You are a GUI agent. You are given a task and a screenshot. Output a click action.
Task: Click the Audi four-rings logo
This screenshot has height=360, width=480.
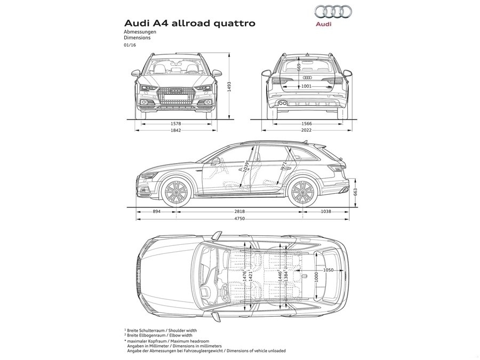point(332,12)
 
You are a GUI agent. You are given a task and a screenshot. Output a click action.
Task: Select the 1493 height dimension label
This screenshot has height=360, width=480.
point(229,84)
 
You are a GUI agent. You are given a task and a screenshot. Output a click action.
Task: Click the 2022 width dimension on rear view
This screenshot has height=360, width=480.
point(306,131)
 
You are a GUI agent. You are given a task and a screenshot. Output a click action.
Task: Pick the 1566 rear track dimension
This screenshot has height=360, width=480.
point(306,124)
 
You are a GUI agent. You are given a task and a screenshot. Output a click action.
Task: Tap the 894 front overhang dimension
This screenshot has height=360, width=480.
point(157,212)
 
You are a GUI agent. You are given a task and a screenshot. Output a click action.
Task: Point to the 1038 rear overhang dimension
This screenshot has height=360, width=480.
point(326,212)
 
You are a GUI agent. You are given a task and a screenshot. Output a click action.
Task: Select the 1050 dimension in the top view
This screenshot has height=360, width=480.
point(329,270)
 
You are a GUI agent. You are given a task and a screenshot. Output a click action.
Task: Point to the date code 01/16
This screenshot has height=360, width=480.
point(130,45)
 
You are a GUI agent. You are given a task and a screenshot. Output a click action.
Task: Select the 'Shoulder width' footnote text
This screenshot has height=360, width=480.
point(179,331)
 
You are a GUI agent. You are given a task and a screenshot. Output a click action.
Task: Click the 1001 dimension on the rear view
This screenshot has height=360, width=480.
point(306,86)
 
